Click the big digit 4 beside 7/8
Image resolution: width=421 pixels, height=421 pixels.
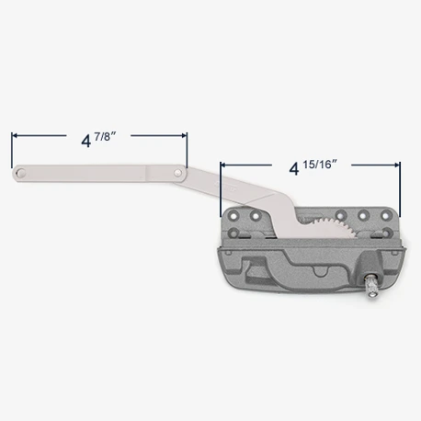click(86, 141)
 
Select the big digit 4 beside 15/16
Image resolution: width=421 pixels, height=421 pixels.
click(294, 169)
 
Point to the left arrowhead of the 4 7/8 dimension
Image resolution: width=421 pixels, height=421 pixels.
click(15, 135)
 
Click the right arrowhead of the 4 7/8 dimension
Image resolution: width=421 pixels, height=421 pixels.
click(184, 135)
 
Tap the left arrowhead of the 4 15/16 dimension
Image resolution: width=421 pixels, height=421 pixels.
click(223, 165)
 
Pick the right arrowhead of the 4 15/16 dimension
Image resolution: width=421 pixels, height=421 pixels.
click(397, 165)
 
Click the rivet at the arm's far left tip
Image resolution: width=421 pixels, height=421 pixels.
click(21, 173)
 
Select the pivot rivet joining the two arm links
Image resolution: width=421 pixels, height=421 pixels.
click(177, 173)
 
